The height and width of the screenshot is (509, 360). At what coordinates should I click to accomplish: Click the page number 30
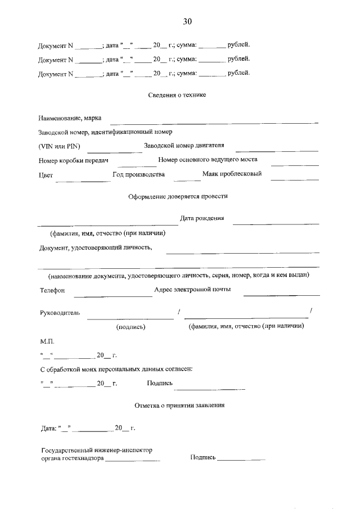[187, 21]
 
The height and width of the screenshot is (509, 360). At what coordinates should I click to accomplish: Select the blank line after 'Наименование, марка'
[214, 121]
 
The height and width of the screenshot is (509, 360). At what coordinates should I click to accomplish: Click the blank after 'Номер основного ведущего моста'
[295, 164]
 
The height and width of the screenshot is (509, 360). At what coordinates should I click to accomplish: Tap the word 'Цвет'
[46, 175]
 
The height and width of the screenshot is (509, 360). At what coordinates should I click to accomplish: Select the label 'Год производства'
[138, 174]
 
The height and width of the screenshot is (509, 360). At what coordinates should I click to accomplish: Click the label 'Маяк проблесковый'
[232, 174]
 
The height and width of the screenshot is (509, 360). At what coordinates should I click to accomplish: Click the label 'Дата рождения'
[201, 218]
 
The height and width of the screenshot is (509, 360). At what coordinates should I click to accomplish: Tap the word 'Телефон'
[52, 290]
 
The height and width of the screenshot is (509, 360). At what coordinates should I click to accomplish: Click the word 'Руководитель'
[60, 312]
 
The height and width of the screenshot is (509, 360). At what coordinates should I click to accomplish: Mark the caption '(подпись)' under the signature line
[130, 326]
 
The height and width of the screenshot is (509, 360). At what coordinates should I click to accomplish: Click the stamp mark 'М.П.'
[46, 341]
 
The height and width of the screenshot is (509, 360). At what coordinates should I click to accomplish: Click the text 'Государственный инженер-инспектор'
[97, 450]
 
